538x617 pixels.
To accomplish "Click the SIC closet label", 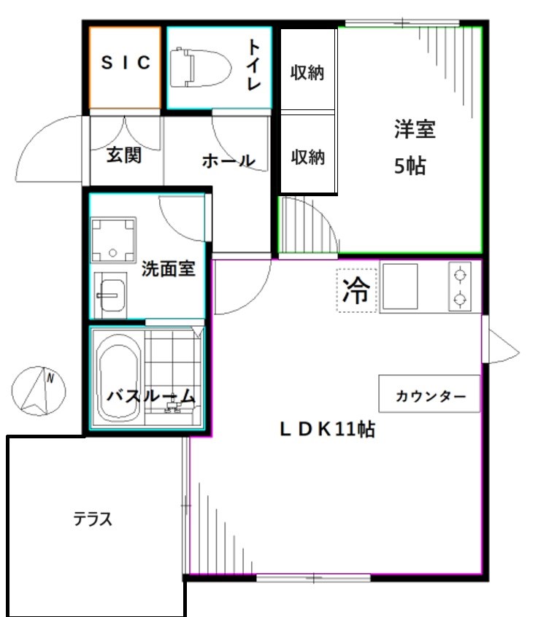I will pyautogui.click(x=126, y=63).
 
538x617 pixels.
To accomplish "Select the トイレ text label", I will pyautogui.click(x=253, y=66).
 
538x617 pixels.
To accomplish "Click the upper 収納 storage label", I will pyautogui.click(x=307, y=74).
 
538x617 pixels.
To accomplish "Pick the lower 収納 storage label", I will pyautogui.click(x=307, y=157).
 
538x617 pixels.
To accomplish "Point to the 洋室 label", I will pyautogui.click(x=415, y=131).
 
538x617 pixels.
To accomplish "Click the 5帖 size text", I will pyautogui.click(x=410, y=166).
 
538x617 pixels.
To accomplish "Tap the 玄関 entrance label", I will pyautogui.click(x=124, y=155).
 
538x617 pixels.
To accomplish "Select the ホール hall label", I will pyautogui.click(x=228, y=160).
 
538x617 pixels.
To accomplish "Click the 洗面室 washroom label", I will pyautogui.click(x=168, y=268).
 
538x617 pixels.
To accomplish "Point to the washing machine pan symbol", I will pyautogui.click(x=113, y=239).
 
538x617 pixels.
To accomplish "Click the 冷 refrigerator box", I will pyautogui.click(x=356, y=291).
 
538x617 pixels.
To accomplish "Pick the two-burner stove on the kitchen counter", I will pyautogui.click(x=460, y=287).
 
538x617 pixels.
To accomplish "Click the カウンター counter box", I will pyautogui.click(x=430, y=396).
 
